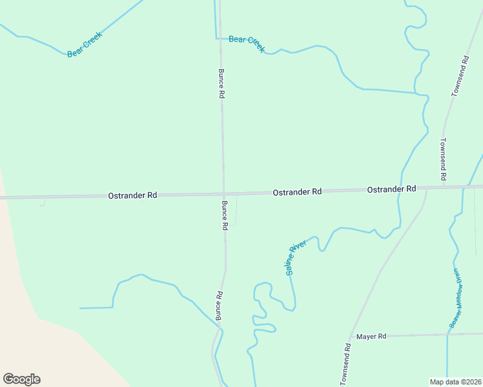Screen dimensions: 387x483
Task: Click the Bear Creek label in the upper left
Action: pos(85,44)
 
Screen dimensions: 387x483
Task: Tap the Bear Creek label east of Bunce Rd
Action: pos(247,43)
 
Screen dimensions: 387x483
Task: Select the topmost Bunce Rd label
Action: pos(221,83)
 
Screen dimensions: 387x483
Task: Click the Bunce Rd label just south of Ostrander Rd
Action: pos(225,215)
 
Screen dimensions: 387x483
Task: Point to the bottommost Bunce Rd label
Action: pos(219,306)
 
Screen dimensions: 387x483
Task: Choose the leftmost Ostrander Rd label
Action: pos(132,195)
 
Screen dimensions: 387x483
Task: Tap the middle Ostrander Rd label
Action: pos(297,192)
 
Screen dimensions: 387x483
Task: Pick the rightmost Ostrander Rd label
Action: pos(391,190)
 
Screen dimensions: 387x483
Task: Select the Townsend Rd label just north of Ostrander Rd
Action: pos(444,159)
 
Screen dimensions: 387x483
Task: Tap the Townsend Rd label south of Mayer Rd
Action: pos(347,364)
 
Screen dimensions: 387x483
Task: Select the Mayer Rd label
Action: pos(371,337)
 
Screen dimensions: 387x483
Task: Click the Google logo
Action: pos(21,379)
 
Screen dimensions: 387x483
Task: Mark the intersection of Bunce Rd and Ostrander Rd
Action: pos(224,193)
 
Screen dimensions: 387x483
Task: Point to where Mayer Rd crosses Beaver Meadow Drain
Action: pos(447,335)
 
